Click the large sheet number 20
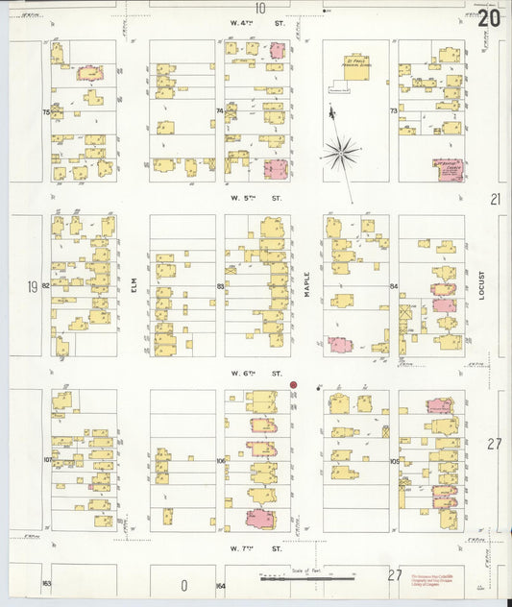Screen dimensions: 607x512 (x=489, y=18)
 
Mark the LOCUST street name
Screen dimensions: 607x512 (x=481, y=285)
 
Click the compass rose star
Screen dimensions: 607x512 (x=341, y=151)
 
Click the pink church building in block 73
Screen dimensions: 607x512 (x=449, y=170)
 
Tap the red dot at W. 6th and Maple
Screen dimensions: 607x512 (x=294, y=385)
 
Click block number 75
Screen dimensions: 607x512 (x=45, y=112)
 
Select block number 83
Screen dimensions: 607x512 (x=220, y=286)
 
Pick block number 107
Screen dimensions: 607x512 (x=46, y=460)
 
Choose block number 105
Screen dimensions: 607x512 (x=394, y=461)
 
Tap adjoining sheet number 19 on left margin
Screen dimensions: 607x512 (x=32, y=285)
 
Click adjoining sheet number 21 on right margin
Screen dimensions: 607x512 (x=496, y=199)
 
